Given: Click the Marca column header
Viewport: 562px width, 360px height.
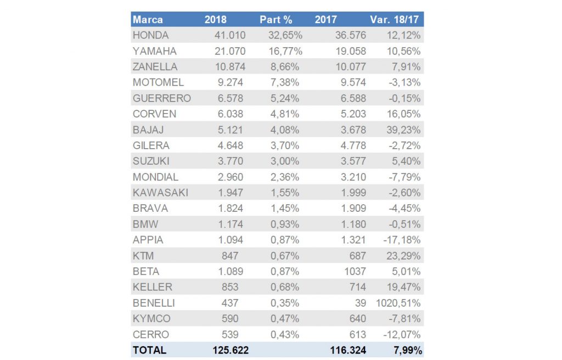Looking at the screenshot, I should click(x=148, y=20).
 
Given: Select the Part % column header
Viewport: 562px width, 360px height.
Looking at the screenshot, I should click(x=276, y=20).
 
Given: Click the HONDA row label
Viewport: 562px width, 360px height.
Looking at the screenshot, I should click(x=150, y=36).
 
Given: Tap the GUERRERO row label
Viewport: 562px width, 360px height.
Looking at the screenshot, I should click(x=161, y=99).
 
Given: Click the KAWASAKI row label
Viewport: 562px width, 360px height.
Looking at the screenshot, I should click(x=160, y=193).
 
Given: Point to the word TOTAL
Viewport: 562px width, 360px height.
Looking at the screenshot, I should click(x=149, y=350).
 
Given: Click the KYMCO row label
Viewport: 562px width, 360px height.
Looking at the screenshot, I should click(x=151, y=319).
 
